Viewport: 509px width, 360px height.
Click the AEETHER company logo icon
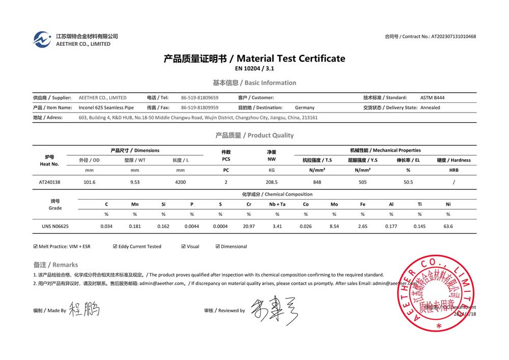click(42, 39)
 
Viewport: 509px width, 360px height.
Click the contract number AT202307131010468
click(454, 37)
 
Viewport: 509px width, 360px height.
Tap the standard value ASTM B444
click(432, 97)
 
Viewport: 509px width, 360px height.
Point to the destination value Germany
click(304, 107)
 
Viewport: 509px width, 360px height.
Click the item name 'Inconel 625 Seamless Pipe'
click(106, 107)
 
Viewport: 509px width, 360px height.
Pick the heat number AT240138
click(49, 182)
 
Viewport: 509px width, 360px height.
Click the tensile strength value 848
click(317, 182)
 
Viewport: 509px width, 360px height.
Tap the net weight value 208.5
click(272, 182)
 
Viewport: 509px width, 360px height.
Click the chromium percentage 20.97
click(249, 226)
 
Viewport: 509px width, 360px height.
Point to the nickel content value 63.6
click(448, 226)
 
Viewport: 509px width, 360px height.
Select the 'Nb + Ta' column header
click(277, 204)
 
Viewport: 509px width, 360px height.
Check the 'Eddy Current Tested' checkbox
click(115, 246)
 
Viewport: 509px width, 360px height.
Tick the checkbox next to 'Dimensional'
click(218, 246)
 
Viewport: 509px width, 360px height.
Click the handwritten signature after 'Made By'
click(84, 309)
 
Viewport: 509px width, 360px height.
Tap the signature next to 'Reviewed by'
click(272, 309)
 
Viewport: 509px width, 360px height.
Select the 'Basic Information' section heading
click(270, 82)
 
